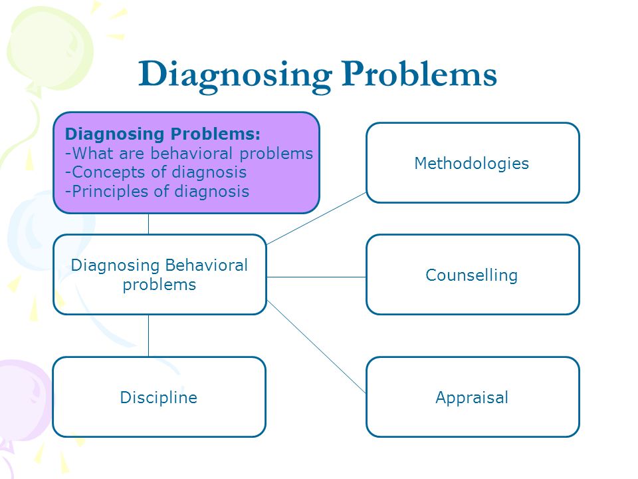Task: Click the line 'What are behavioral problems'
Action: pyautogui.click(x=189, y=154)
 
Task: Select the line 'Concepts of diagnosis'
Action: pyautogui.click(x=156, y=172)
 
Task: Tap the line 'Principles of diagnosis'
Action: pyautogui.click(x=158, y=192)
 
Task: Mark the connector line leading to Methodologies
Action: pyautogui.click(x=316, y=218)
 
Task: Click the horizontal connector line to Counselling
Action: pyautogui.click(x=316, y=276)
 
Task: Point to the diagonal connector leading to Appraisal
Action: pyautogui.click(x=316, y=346)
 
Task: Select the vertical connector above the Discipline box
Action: pyautogui.click(x=148, y=335)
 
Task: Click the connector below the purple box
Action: pyautogui.click(x=148, y=224)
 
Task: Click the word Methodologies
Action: pyautogui.click(x=472, y=163)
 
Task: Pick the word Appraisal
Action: pyautogui.click(x=472, y=398)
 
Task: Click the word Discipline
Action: pyautogui.click(x=159, y=398)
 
